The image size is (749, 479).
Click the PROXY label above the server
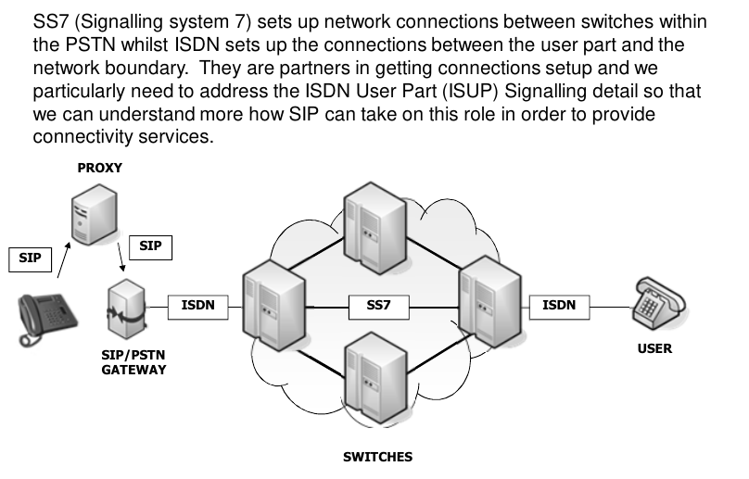pyautogui.click(x=99, y=168)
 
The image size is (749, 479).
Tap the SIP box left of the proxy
pyautogui.click(x=31, y=258)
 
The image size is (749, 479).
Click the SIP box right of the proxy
pyautogui.click(x=149, y=246)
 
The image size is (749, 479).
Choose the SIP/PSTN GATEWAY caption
pyautogui.click(x=133, y=361)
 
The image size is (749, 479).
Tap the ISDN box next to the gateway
pyautogui.click(x=198, y=305)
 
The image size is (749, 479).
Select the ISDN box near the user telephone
pyautogui.click(x=559, y=305)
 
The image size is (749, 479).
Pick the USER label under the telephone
pyautogui.click(x=654, y=349)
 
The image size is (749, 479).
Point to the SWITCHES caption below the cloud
pyautogui.click(x=377, y=457)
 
